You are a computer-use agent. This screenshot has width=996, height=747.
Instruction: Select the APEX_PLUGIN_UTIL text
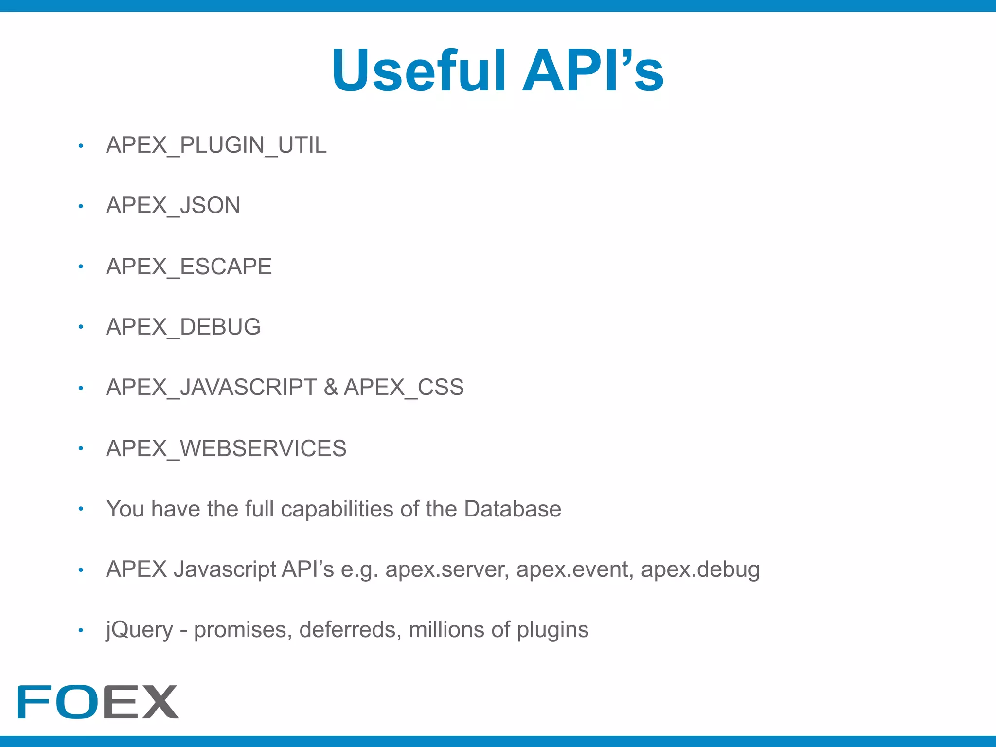tap(216, 145)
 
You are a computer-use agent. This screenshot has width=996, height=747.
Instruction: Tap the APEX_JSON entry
tap(173, 206)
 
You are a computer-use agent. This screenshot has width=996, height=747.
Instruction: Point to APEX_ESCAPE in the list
tap(189, 267)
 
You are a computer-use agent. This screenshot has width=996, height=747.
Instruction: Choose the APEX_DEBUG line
tap(183, 327)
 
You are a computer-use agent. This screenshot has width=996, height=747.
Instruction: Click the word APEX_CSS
tap(404, 388)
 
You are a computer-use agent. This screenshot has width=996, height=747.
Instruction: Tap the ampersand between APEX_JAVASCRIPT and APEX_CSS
tap(331, 388)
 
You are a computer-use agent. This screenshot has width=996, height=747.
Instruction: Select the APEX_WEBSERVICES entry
tap(226, 448)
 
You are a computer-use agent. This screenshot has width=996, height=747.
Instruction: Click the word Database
tap(513, 509)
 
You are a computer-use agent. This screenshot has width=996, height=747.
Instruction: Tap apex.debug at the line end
tap(700, 569)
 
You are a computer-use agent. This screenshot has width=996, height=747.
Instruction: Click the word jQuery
tap(140, 630)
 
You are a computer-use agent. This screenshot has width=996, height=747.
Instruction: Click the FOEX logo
tap(98, 702)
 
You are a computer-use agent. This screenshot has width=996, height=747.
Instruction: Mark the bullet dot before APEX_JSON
tap(81, 206)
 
